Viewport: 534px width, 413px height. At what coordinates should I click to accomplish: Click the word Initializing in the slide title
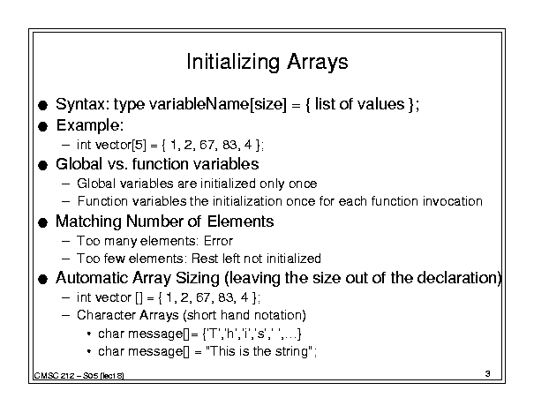(x=233, y=63)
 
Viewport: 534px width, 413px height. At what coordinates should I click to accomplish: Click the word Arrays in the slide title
(x=318, y=63)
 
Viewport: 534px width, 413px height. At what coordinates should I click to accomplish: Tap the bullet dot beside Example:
(x=43, y=127)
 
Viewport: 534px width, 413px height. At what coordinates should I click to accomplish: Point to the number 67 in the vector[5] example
(x=207, y=145)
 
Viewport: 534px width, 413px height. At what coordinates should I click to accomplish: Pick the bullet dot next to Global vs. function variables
(x=43, y=166)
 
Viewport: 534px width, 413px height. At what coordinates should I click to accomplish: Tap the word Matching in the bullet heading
(x=88, y=222)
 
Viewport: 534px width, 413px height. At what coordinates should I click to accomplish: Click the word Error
(x=218, y=241)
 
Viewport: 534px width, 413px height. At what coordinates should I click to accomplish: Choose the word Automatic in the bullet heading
(x=92, y=278)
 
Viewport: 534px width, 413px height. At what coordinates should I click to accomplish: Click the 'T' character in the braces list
(x=214, y=334)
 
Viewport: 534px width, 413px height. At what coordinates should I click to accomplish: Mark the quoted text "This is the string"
(x=259, y=351)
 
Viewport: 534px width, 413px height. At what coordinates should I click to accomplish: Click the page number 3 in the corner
(x=488, y=374)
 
